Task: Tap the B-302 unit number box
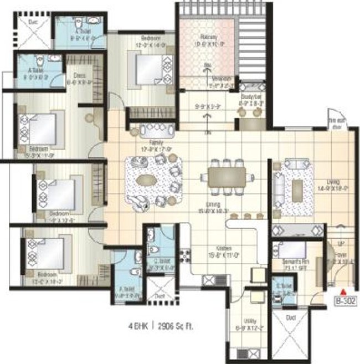344,302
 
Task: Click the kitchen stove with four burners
184,256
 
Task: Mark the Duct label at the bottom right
291,317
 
